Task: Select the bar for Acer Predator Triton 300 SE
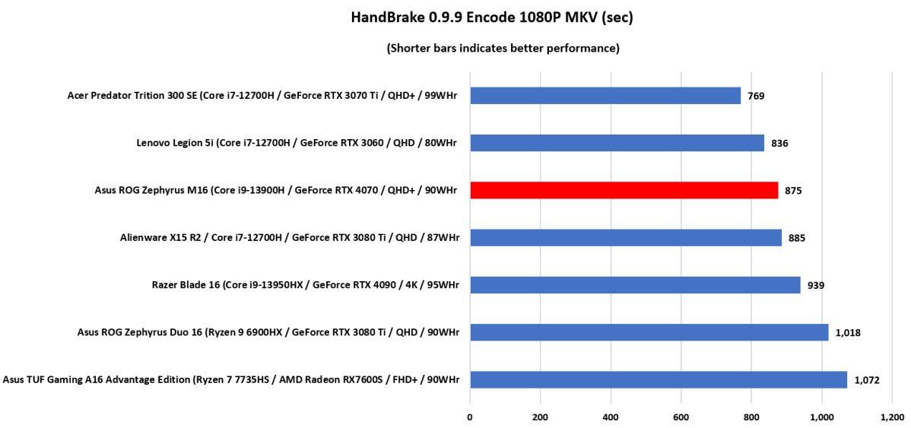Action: pyautogui.click(x=605, y=96)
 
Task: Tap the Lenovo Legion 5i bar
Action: pyautogui.click(x=617, y=143)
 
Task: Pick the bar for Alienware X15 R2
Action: pyautogui.click(x=625, y=238)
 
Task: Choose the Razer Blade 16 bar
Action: pyautogui.click(x=635, y=285)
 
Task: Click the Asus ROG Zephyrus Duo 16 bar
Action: pyautogui.click(x=649, y=332)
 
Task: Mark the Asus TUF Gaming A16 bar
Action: pyautogui.click(x=658, y=379)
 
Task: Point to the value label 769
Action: pyautogui.click(x=756, y=96)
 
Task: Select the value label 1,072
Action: pyautogui.click(x=867, y=380)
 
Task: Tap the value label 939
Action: pyautogui.click(x=816, y=286)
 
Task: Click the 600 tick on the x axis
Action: pyautogui.click(x=681, y=417)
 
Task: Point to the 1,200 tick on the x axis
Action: pyautogui.click(x=892, y=417)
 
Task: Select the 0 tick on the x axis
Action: pyautogui.click(x=470, y=417)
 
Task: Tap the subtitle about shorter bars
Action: pyautogui.click(x=503, y=49)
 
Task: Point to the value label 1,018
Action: pyautogui.click(x=848, y=333)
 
